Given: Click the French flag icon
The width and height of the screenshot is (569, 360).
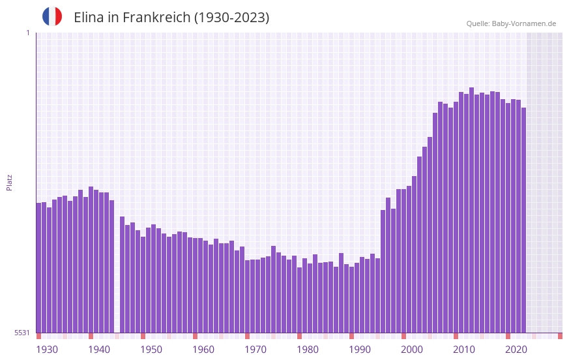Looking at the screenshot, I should click(x=52, y=16).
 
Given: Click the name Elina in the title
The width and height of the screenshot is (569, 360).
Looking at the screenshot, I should click(x=88, y=18).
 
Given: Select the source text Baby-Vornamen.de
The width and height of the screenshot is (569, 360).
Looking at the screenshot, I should click(x=524, y=23).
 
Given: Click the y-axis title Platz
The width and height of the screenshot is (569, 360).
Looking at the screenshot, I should click(x=9, y=182).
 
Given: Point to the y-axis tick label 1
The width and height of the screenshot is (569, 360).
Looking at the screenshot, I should click(x=27, y=33).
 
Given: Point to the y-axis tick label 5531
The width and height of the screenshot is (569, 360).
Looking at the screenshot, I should click(x=22, y=333).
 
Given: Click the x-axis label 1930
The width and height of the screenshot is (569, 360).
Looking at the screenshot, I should click(x=47, y=350).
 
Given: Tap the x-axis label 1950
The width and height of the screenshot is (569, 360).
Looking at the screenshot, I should click(x=151, y=350).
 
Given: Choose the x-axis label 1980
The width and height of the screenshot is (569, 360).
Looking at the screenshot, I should click(x=308, y=350).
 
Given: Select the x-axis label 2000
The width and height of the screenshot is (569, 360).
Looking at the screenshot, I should click(x=412, y=350).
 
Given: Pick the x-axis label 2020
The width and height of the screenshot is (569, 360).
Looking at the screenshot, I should click(x=516, y=350).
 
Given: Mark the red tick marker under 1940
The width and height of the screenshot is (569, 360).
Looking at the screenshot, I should click(x=91, y=336).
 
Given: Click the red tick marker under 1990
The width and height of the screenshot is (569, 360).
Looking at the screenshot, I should click(x=352, y=336).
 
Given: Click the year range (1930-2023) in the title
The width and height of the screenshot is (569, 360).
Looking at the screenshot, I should click(x=231, y=18).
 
